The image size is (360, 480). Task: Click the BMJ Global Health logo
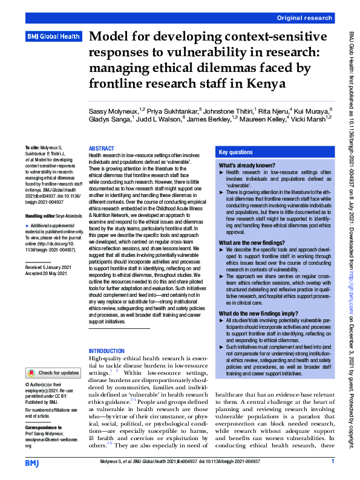point(53,37)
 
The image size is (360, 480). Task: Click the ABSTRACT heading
point(101,148)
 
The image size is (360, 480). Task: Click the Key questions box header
point(236,153)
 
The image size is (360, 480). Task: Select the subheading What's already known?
point(247,165)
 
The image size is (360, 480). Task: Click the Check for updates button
point(53,373)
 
